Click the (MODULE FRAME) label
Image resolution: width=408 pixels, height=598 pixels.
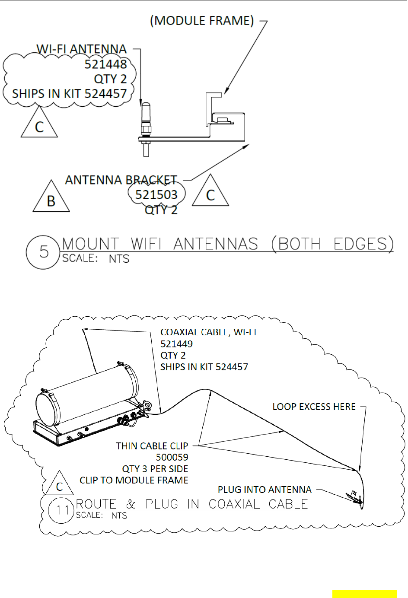tap(202, 21)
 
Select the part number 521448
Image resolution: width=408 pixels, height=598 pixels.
tap(105, 64)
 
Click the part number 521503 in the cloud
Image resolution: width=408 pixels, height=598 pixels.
tap(156, 195)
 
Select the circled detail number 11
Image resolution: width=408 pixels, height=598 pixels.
tap(61, 510)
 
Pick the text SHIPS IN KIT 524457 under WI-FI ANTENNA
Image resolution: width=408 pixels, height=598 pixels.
tap(69, 94)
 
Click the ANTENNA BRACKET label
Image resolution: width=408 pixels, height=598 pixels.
tap(121, 180)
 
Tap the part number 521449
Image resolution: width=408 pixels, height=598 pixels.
tap(176, 344)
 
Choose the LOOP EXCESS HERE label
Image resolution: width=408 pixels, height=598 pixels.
tap(314, 407)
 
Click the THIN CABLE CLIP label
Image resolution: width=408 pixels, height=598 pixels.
tap(152, 446)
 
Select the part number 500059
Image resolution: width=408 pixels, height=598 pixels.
tap(172, 457)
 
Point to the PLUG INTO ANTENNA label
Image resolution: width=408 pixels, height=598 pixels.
tap(265, 490)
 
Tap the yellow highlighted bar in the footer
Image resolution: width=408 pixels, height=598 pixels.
tap(364, 594)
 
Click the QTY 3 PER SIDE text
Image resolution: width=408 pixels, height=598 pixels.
tap(155, 469)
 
